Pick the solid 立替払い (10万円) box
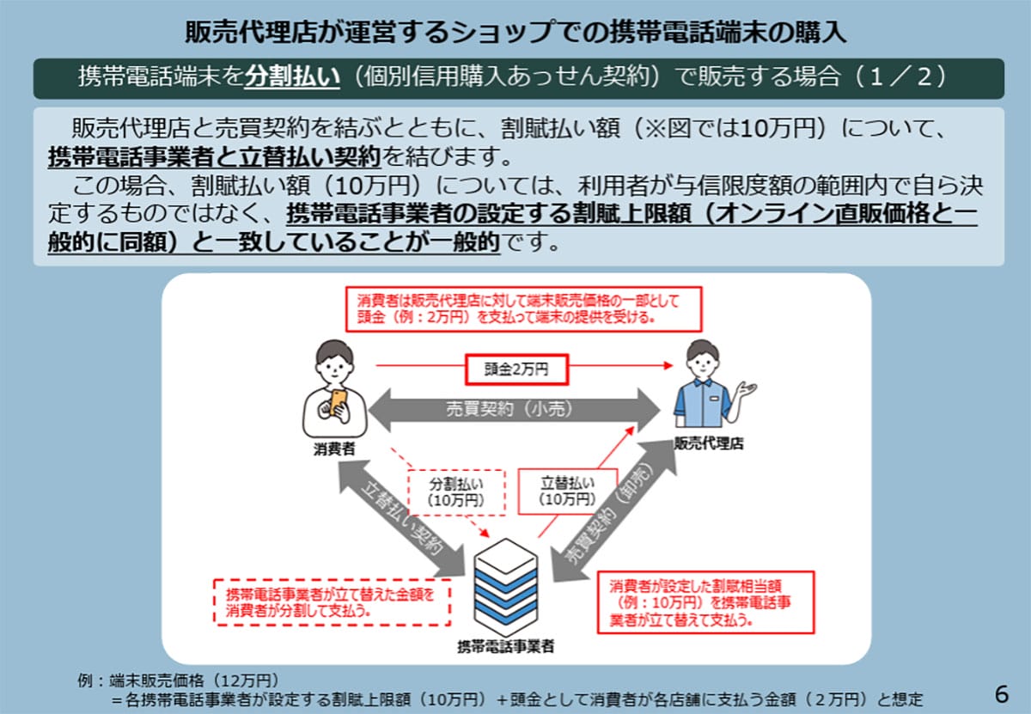pyautogui.click(x=567, y=490)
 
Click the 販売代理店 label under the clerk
pyautogui.click(x=708, y=445)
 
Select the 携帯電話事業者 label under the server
pyautogui.click(x=505, y=646)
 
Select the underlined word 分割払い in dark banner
pyautogui.click(x=283, y=78)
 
